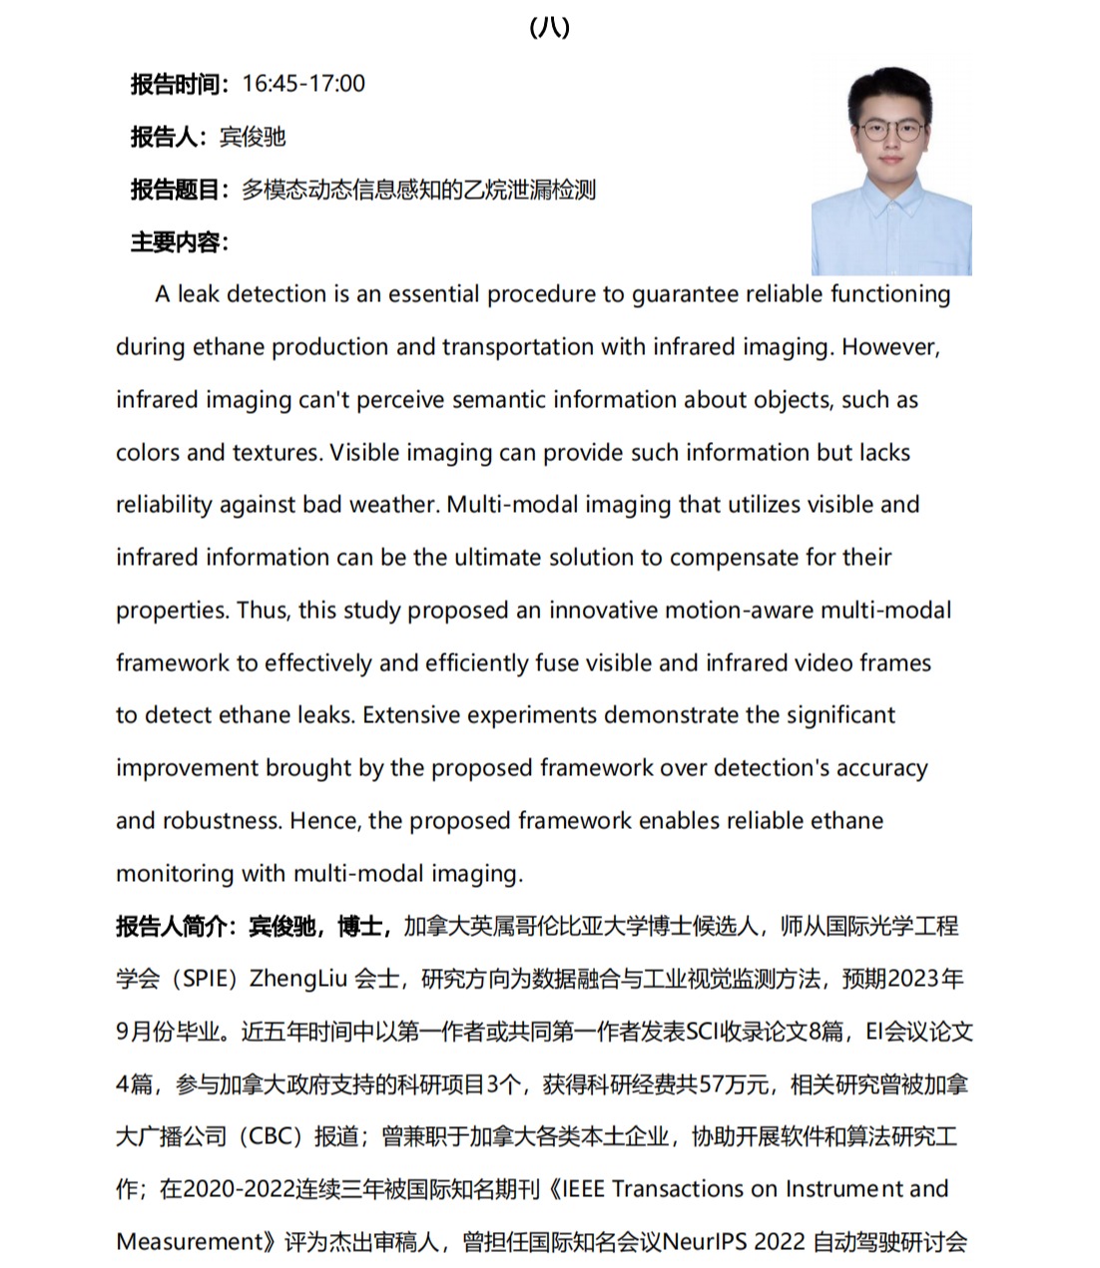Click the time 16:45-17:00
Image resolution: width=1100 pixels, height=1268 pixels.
coord(303,84)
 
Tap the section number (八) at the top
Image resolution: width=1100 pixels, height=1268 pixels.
coord(549,27)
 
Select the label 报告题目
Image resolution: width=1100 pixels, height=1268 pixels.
coord(175,190)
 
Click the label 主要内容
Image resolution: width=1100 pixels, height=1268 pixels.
coord(175,242)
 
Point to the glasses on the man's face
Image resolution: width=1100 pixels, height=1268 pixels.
coord(891,130)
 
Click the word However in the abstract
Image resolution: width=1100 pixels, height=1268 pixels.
coord(890,347)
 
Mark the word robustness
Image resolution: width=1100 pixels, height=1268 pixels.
coord(220,821)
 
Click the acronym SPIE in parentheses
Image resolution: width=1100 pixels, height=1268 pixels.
coord(206,979)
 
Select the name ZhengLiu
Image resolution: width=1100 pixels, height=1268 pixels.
coord(297,979)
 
